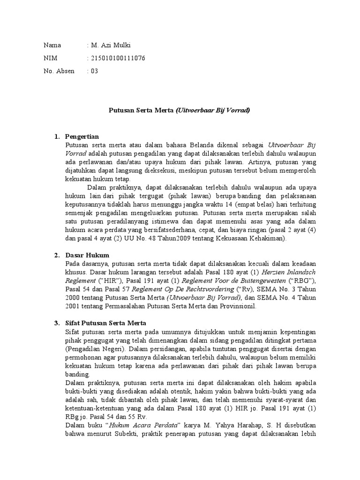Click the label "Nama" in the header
(x=52, y=45)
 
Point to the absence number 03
(x=95, y=71)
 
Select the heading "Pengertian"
(x=82, y=136)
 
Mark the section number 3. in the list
(x=57, y=323)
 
